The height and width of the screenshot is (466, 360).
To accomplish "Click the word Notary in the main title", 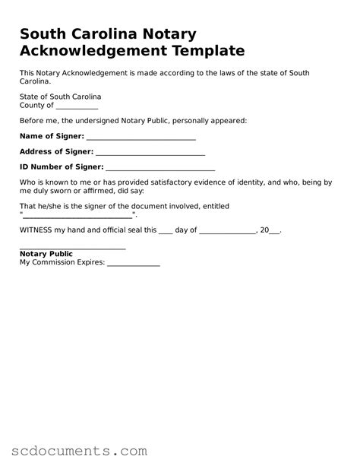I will (x=170, y=34).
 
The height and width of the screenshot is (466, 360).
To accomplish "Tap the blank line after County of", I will (x=77, y=106).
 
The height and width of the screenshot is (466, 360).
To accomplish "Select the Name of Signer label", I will (x=52, y=136).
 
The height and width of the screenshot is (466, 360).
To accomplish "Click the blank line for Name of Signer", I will (x=141, y=138).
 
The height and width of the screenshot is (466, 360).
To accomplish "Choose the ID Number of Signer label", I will (x=62, y=166).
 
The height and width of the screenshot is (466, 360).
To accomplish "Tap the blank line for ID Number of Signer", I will (x=160, y=168).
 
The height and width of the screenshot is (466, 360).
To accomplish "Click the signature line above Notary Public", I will (x=72, y=249).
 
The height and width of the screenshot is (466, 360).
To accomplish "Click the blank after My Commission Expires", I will (x=133, y=265).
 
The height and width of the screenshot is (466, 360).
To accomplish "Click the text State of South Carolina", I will (x=60, y=97).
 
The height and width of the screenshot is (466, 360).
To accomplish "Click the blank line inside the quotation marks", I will (x=77, y=217).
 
